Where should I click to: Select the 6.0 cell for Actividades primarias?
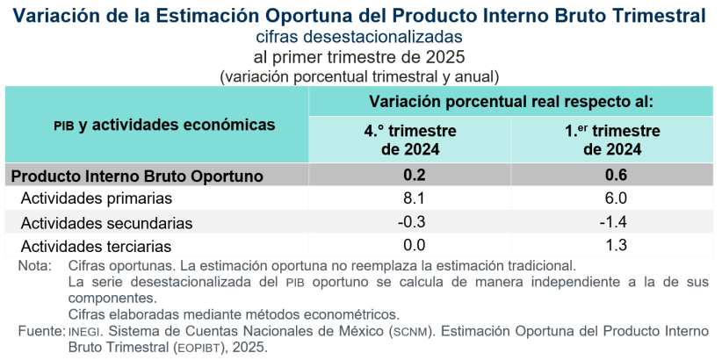tap(616, 198)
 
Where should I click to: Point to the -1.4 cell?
tap(616, 222)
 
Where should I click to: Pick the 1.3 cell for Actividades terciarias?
tap(616, 246)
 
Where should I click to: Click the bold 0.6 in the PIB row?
tap(616, 175)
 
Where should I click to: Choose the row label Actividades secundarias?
tap(106, 223)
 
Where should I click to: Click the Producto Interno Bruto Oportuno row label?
tap(137, 176)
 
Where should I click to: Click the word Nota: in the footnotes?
tap(35, 264)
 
